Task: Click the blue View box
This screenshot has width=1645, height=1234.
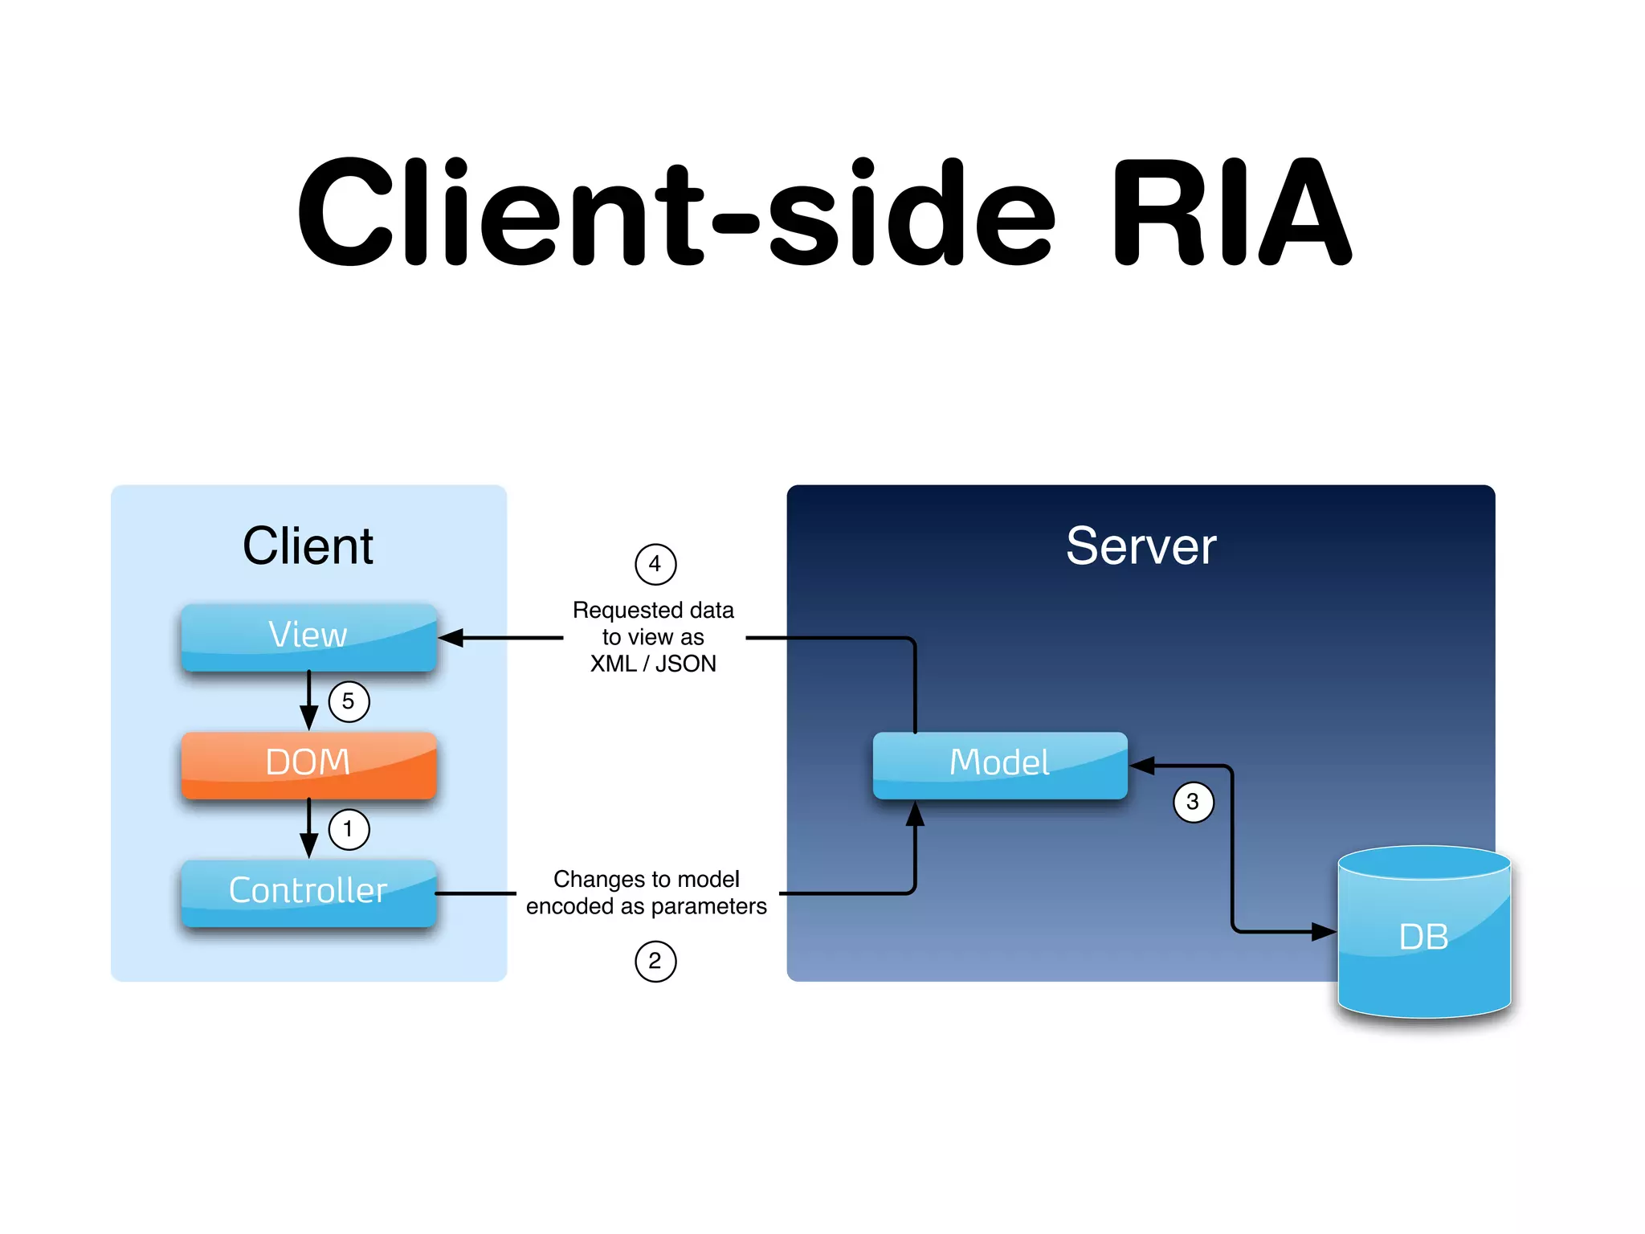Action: (x=308, y=636)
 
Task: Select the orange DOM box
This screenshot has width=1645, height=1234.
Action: (x=308, y=763)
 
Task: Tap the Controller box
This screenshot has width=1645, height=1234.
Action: (x=308, y=892)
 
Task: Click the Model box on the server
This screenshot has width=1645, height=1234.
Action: (x=1000, y=763)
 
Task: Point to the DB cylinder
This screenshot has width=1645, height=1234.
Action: (x=1424, y=936)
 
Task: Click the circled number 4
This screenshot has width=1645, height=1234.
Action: (x=655, y=564)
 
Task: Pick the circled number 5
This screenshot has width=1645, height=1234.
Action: (x=349, y=701)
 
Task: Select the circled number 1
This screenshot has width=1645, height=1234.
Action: (x=349, y=829)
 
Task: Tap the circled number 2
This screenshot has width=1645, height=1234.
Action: (x=655, y=962)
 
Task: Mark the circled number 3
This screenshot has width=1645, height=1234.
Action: (x=1193, y=802)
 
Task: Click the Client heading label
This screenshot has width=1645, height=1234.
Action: (x=308, y=546)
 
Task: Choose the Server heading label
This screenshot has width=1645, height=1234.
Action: (x=1141, y=546)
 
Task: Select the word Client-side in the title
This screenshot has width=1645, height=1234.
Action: (x=675, y=213)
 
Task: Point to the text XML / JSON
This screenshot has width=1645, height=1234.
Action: (x=653, y=664)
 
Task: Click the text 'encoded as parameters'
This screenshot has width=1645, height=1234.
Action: (x=647, y=906)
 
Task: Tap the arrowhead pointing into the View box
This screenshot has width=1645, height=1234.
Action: (x=451, y=638)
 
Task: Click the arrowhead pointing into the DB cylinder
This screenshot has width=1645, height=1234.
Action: (x=1323, y=932)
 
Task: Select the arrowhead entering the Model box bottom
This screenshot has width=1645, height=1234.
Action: (x=915, y=813)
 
